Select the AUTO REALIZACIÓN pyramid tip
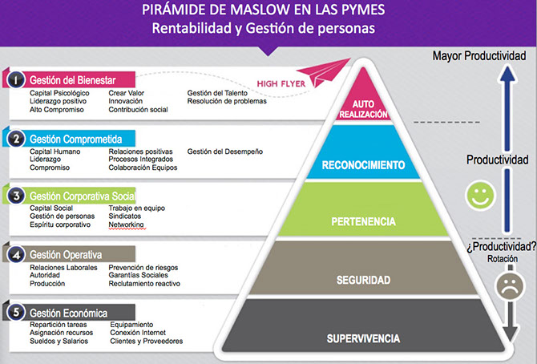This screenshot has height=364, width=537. [x=365, y=108]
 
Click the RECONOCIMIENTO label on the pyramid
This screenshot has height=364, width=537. [x=365, y=165]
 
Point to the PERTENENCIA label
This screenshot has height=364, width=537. [x=365, y=220]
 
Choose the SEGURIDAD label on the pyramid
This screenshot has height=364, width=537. [x=364, y=281]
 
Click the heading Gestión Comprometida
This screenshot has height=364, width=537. [x=70, y=139]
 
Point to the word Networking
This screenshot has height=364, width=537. [x=126, y=225]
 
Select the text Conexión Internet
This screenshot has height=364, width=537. [x=140, y=333]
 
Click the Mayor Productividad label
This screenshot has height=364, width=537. [x=484, y=56]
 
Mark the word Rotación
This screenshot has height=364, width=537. [x=502, y=259]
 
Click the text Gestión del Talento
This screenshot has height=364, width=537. [x=219, y=92]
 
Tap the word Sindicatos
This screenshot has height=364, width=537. [x=124, y=216]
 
